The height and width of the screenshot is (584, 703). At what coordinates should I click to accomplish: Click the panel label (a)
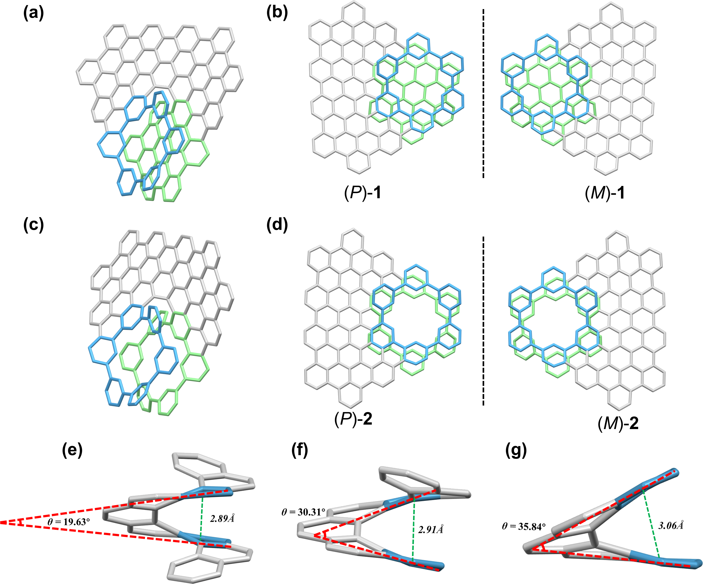click(34, 14)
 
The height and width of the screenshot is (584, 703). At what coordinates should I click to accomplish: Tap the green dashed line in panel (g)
click(651, 524)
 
